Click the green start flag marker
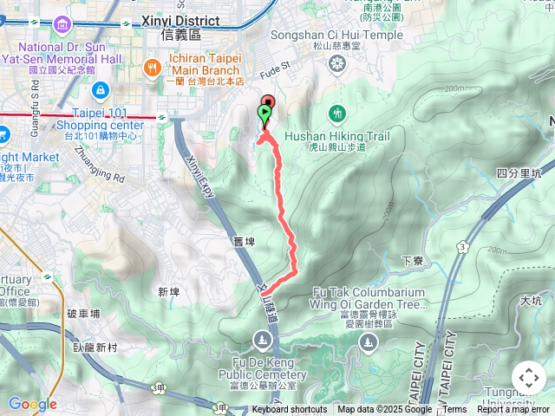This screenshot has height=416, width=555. (264, 114)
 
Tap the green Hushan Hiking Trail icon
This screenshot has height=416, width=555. (336, 113)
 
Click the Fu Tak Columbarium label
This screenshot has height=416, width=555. (369, 293)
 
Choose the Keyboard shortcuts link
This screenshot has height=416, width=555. (290, 410)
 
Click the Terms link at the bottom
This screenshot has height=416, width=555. (454, 410)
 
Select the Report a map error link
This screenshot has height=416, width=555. (514, 410)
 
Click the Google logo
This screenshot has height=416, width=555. (32, 403)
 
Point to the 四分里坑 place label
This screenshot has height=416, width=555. (520, 172)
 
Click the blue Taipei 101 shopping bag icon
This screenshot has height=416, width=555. (100, 89)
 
